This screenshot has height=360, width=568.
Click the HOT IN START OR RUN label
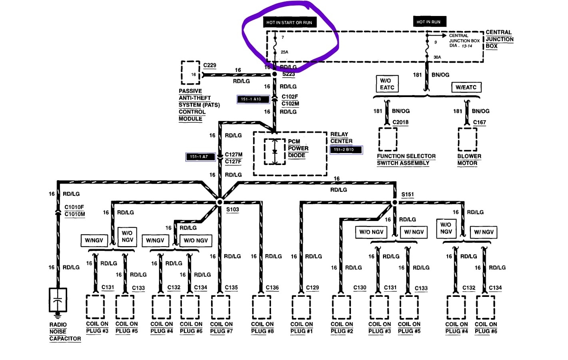coord(289,22)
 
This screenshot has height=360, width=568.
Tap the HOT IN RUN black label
coord(428,22)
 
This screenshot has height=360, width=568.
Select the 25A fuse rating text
coord(284,52)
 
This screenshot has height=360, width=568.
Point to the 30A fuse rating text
coord(437,57)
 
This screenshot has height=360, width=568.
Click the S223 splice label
coord(288,74)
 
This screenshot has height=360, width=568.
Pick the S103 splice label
coord(232,209)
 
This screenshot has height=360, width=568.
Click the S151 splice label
coord(407,195)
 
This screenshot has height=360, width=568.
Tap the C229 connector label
coord(209,65)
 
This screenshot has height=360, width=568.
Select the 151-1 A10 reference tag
coord(253,99)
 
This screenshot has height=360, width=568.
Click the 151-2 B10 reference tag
coord(346,150)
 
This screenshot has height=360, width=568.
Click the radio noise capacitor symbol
coord(58,300)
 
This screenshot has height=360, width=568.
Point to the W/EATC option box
coord(466,87)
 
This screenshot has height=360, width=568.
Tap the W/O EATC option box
coord(387,84)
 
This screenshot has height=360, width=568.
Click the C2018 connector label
coord(400,122)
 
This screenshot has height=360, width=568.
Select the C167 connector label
coord(479,122)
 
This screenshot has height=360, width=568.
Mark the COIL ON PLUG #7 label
coord(221,327)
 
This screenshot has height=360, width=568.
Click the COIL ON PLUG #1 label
coord(301,327)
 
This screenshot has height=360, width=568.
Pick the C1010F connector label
coord(74,207)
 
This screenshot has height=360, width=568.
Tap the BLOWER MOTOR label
coord(469,159)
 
